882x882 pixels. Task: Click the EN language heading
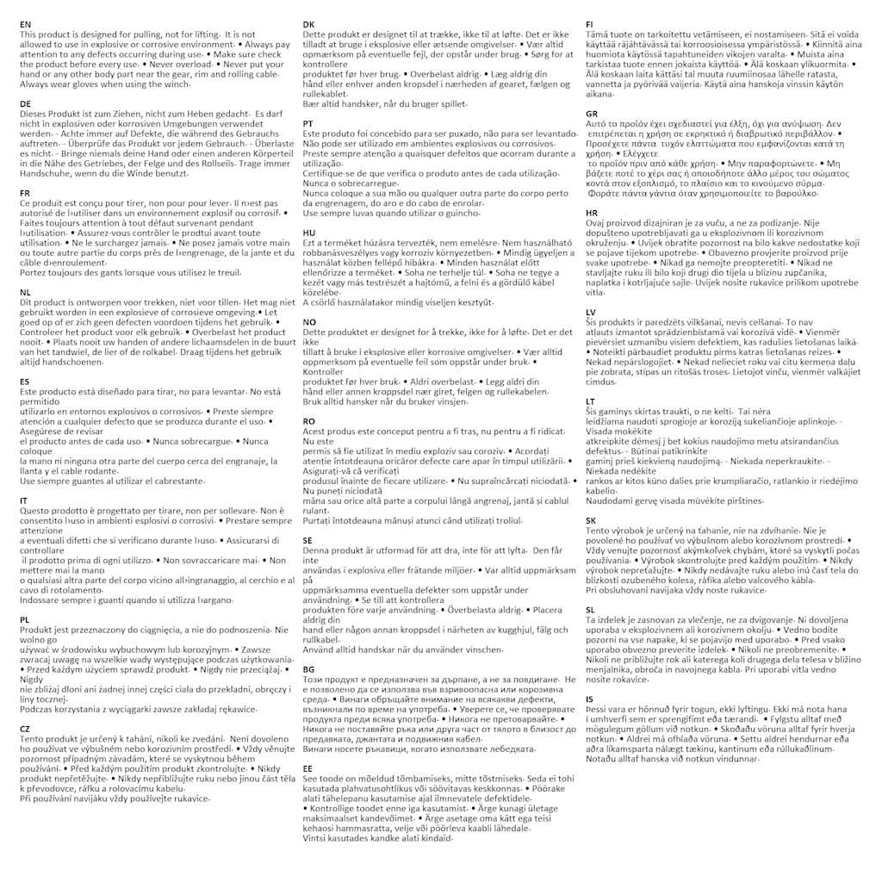25,25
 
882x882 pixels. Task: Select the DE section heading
25,103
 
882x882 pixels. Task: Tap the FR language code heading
25,192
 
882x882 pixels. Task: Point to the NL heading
25,293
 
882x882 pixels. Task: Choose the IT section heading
24,500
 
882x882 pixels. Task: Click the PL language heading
24,619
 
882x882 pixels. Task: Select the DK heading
308,24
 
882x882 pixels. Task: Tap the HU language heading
309,233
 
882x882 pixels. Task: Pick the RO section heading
309,421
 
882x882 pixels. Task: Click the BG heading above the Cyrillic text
308,668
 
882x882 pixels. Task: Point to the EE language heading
307,767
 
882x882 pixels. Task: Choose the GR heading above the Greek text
592,114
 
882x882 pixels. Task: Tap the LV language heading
591,311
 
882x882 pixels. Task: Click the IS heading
589,699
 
